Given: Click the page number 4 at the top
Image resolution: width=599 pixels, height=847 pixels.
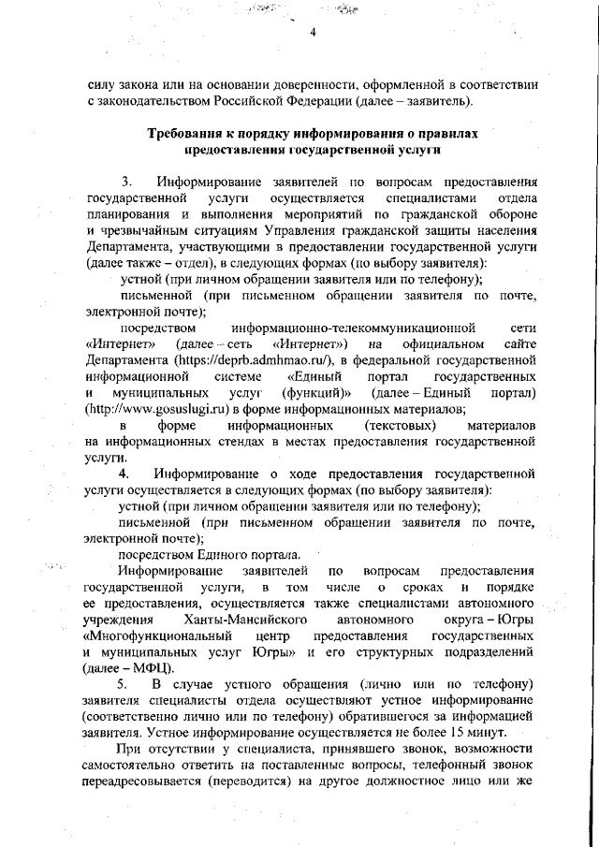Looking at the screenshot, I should point(314,34).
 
